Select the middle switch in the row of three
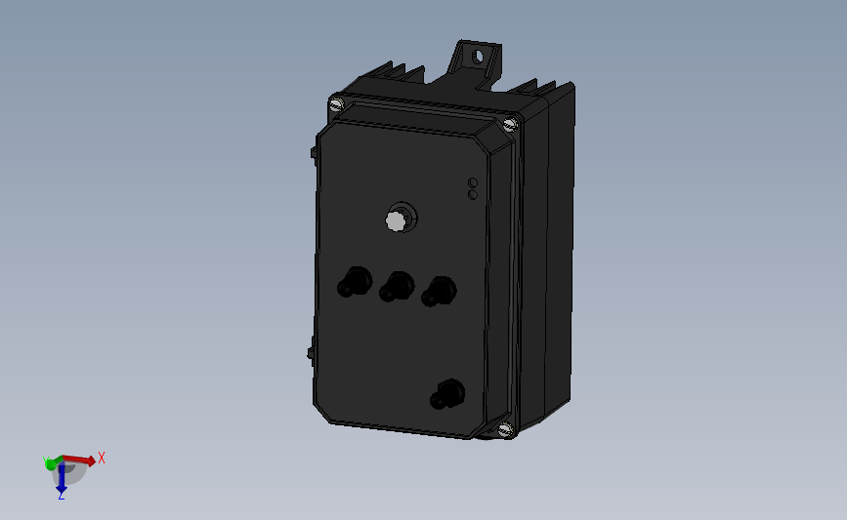pyautogui.click(x=394, y=287)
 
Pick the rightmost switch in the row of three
pyautogui.click(x=436, y=291)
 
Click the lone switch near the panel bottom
pyautogui.click(x=446, y=395)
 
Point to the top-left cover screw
pyautogui.click(x=338, y=102)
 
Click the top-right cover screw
pyautogui.click(x=509, y=124)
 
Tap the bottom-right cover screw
pyautogui.click(x=505, y=428)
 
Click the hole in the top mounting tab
pyautogui.click(x=478, y=56)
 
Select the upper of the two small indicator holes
pyautogui.click(x=473, y=182)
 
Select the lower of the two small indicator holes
pyautogui.click(x=473, y=194)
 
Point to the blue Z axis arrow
pyautogui.click(x=61, y=478)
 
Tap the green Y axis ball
pyautogui.click(x=51, y=464)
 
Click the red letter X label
pyautogui.click(x=101, y=457)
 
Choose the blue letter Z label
pyautogui.click(x=61, y=496)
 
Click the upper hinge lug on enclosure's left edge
pyautogui.click(x=312, y=153)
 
